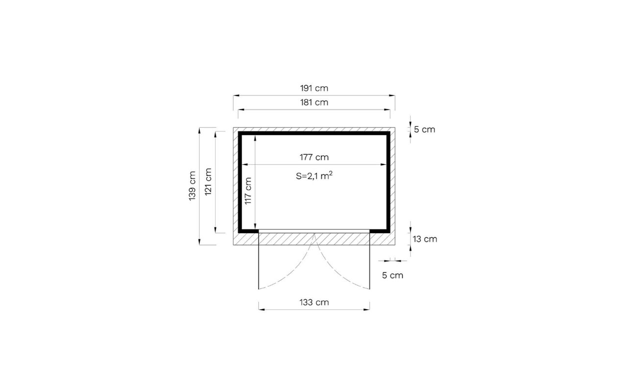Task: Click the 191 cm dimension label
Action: pyautogui.click(x=314, y=88)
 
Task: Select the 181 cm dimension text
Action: pyautogui.click(x=314, y=102)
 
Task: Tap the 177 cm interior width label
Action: pyautogui.click(x=314, y=157)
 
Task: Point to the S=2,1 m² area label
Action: pyautogui.click(x=314, y=176)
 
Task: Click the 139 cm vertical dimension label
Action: pyautogui.click(x=192, y=186)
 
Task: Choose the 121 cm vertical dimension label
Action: pyautogui.click(x=208, y=182)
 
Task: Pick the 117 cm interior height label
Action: pyautogui.click(x=248, y=191)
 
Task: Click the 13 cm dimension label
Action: pyautogui.click(x=425, y=239)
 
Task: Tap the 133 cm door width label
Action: pyautogui.click(x=314, y=302)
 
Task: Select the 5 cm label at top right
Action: pyautogui.click(x=425, y=130)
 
